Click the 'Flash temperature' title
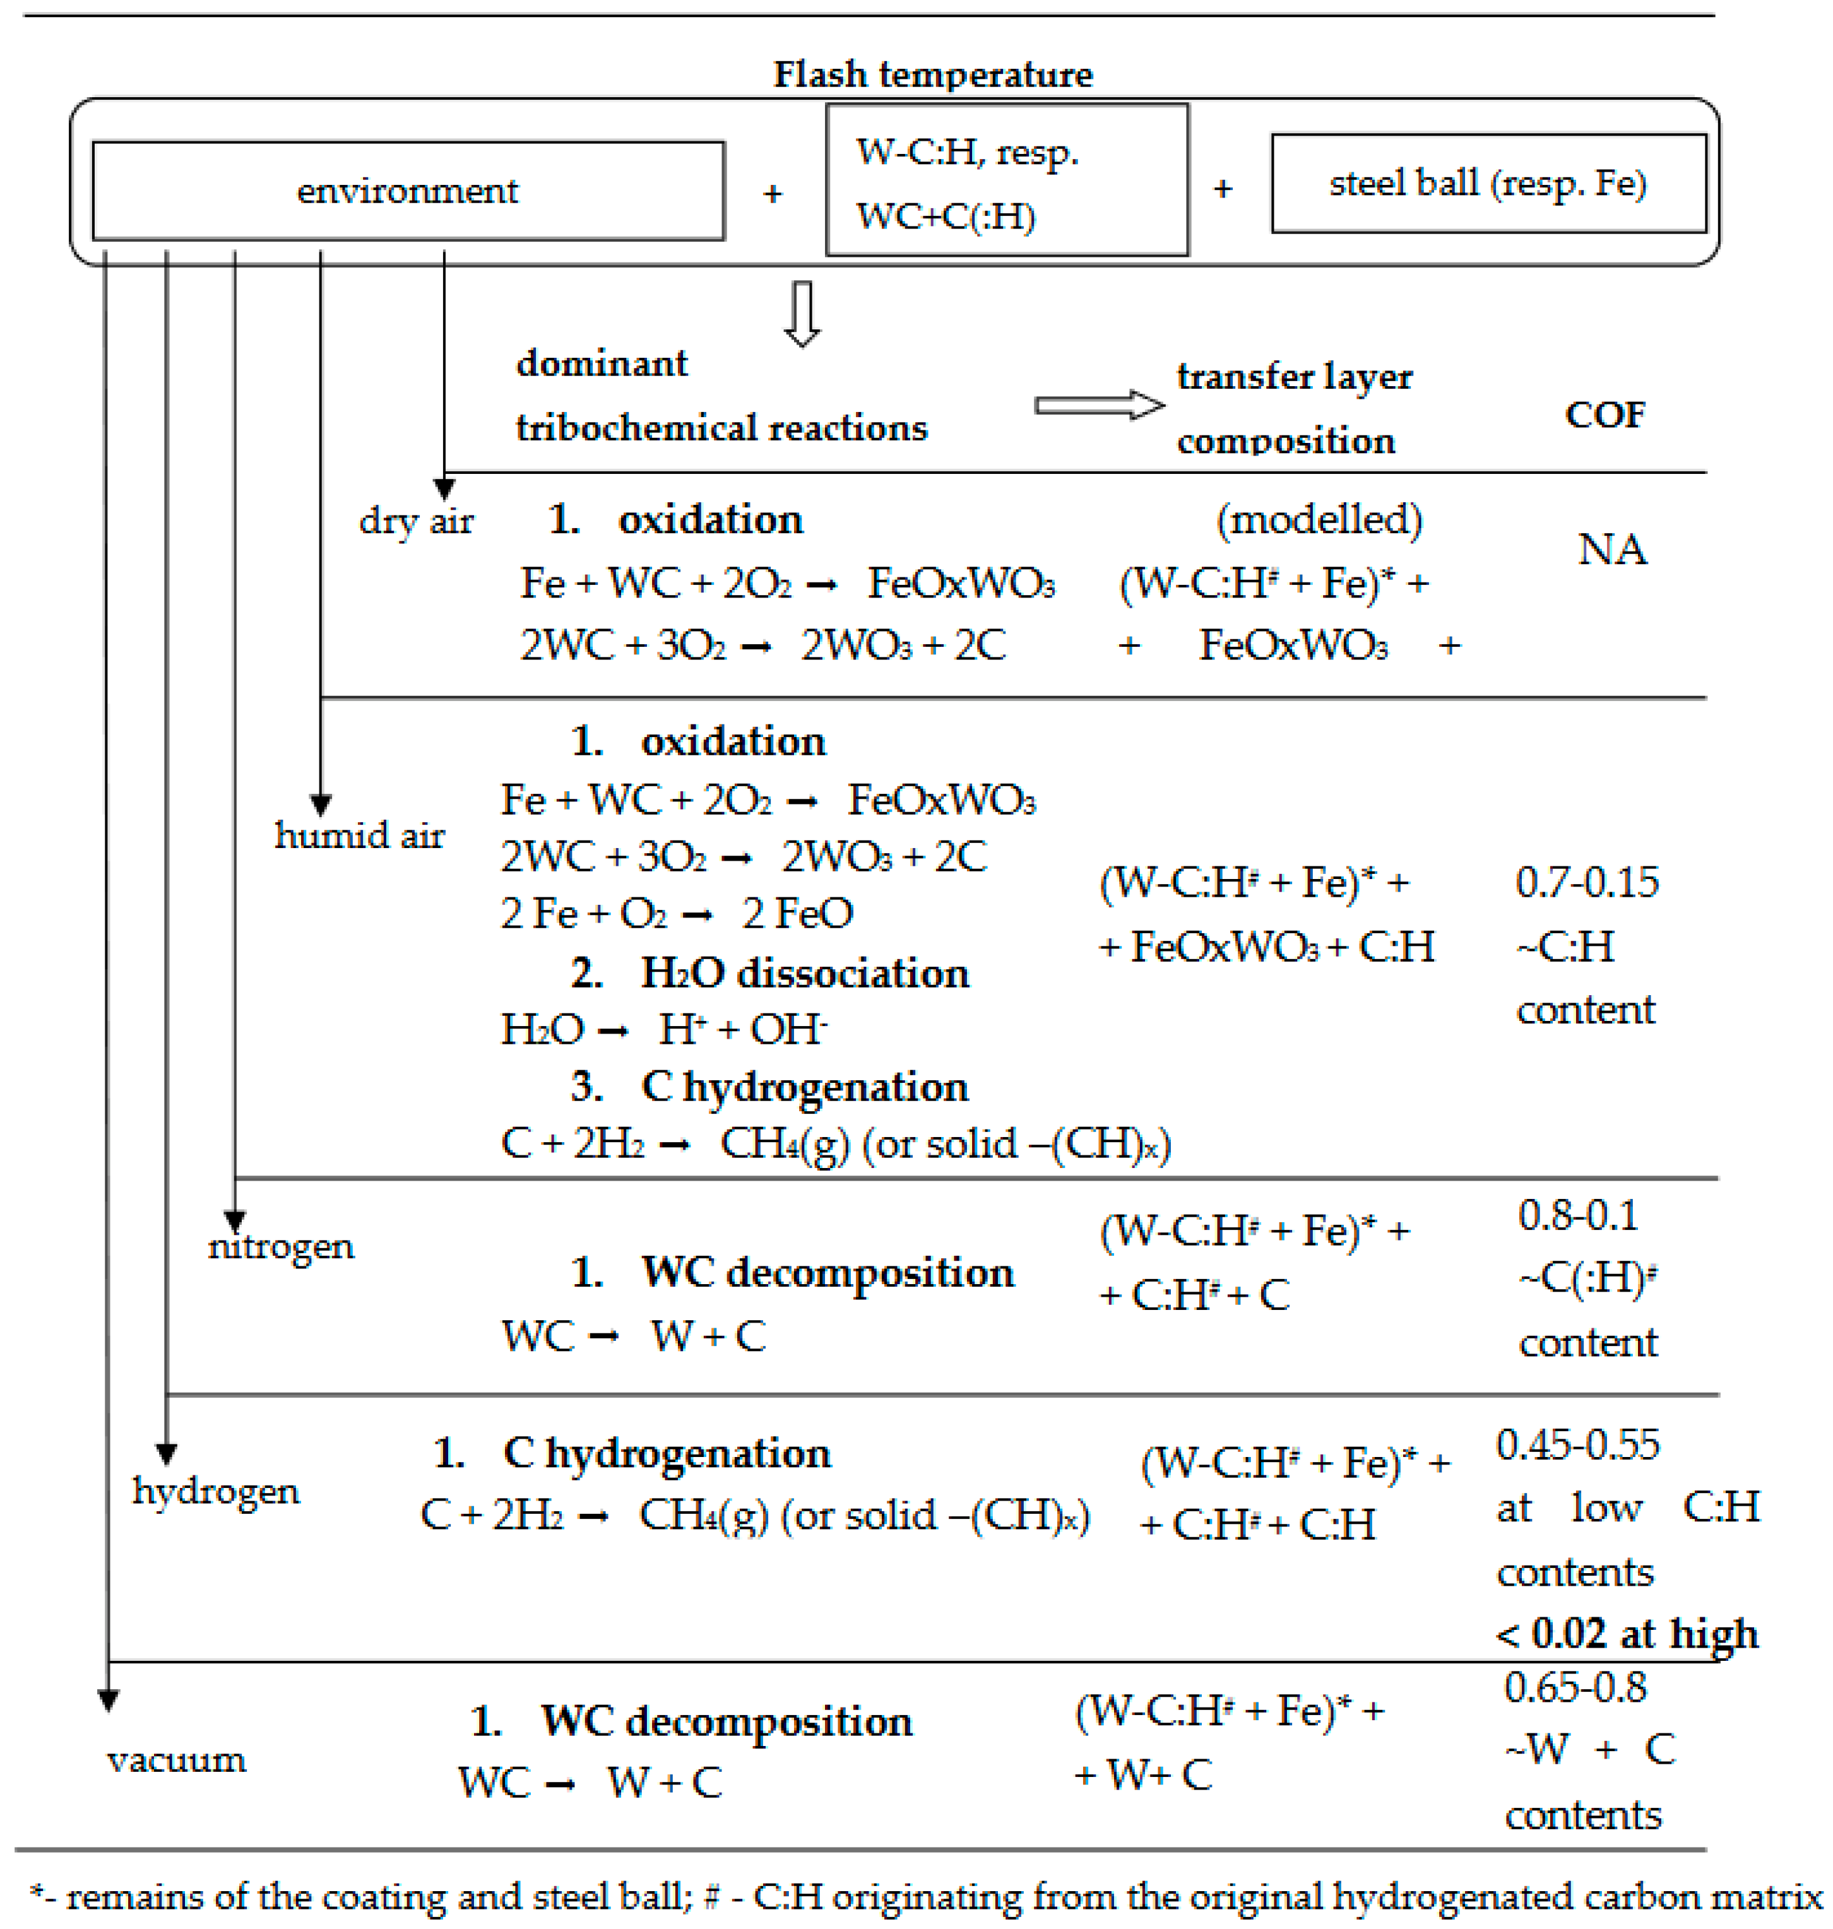pos(932,74)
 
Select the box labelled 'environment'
pos(408,191)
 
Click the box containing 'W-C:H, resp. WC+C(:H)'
pos(1006,180)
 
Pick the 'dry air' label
pos(416,521)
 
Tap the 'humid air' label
pos(360,835)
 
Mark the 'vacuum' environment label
pos(177,1759)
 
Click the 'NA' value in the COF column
pos(1612,550)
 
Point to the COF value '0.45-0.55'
pos(1577,1444)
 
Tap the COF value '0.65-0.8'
pos(1575,1687)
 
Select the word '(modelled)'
pos(1319,519)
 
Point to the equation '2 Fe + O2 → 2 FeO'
pos(676,913)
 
